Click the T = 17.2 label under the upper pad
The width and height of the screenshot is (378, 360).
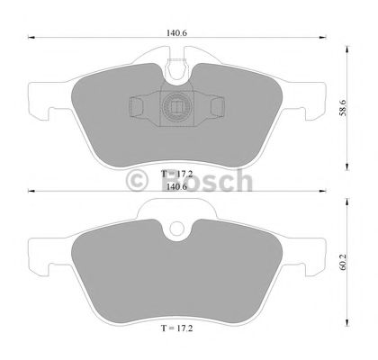click(177, 171)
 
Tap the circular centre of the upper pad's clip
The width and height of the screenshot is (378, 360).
click(177, 108)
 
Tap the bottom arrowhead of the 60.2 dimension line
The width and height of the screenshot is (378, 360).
click(349, 330)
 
